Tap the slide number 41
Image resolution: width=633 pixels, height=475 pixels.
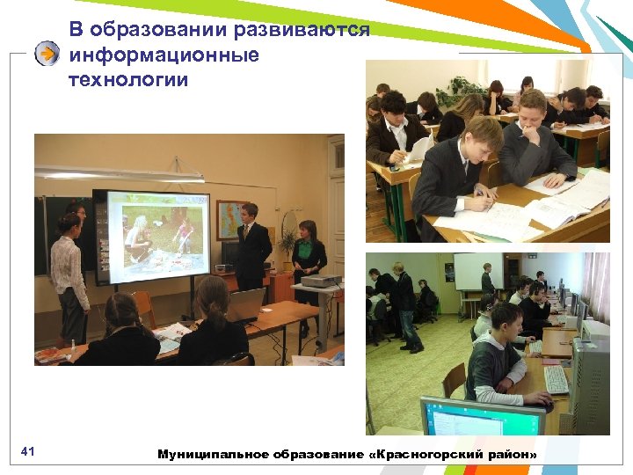[27, 452]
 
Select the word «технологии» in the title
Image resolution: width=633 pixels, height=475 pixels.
[127, 80]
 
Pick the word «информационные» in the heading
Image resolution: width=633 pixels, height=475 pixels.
[164, 55]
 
